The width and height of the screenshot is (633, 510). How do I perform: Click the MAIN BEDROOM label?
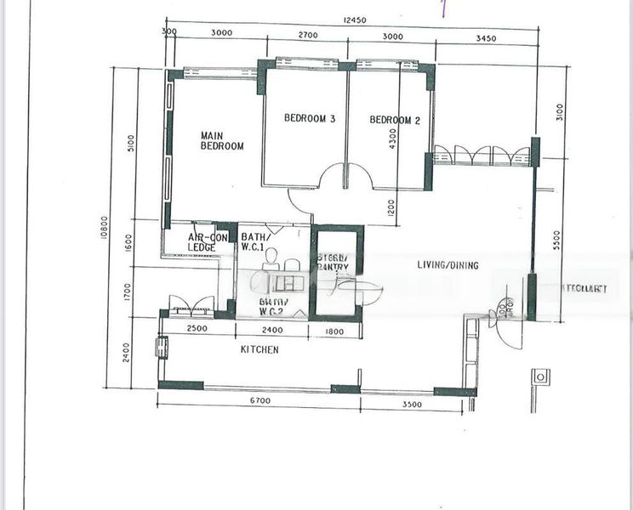[222, 140]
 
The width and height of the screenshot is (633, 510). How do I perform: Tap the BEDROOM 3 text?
[310, 120]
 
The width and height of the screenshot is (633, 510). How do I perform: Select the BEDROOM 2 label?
[395, 120]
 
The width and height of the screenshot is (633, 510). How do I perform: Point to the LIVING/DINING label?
[448, 265]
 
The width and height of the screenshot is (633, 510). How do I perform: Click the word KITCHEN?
[259, 349]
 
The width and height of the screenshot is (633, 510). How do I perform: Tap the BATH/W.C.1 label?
[257, 242]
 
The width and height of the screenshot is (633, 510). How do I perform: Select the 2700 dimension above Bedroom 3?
[307, 36]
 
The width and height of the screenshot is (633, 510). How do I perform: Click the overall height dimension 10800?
[104, 229]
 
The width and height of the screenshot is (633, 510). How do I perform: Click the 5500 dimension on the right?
[558, 243]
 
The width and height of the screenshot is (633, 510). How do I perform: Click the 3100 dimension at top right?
[558, 112]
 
